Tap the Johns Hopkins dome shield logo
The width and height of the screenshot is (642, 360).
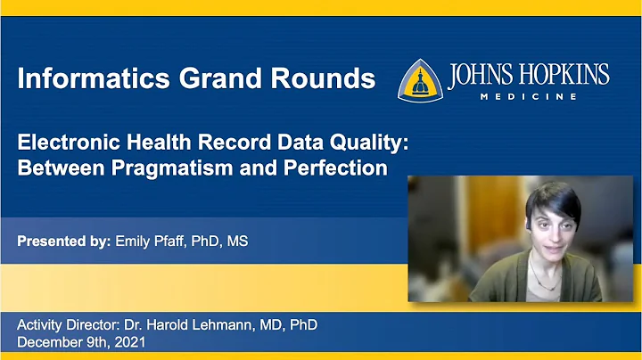click(419, 80)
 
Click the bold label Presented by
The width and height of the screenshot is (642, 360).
click(64, 241)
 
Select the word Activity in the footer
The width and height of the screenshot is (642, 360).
click(43, 325)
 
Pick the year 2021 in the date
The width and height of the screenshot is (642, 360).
click(128, 342)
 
